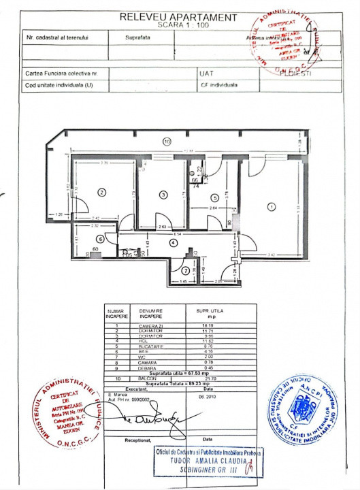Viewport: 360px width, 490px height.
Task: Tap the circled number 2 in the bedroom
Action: pyautogui.click(x=101, y=193)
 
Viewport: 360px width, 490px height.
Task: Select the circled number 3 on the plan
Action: pyautogui.click(x=163, y=195)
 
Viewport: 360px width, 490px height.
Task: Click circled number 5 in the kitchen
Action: pyautogui.click(x=214, y=198)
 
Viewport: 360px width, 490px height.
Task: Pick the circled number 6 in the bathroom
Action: pyautogui.click(x=100, y=238)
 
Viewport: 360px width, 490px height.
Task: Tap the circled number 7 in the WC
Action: pyautogui.click(x=186, y=271)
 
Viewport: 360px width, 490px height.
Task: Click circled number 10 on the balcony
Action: pyautogui.click(x=167, y=142)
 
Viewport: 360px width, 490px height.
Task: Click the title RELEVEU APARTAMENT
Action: pyautogui.click(x=179, y=18)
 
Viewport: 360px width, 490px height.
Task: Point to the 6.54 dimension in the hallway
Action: pyautogui.click(x=176, y=234)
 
